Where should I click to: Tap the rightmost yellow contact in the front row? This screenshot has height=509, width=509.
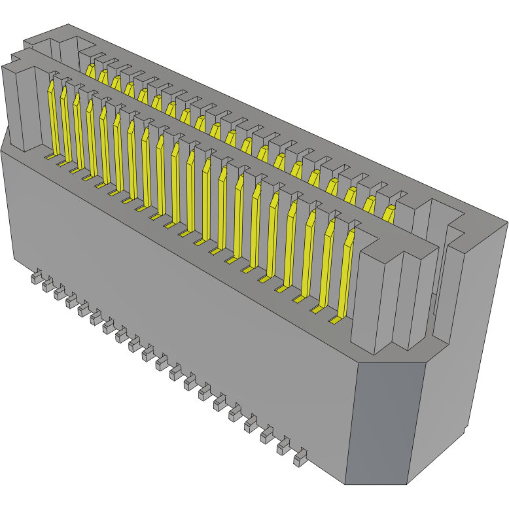[x=347, y=275]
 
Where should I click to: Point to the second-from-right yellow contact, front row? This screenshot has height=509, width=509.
[x=327, y=265]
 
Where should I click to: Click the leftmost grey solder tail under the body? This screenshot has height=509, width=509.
[x=35, y=279]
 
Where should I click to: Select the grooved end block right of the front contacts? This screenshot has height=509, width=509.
[x=393, y=294]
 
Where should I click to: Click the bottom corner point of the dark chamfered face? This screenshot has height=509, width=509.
[x=345, y=484]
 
